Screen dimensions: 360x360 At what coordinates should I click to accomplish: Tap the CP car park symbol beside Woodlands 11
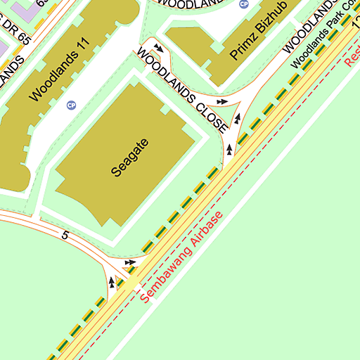(x=70, y=105)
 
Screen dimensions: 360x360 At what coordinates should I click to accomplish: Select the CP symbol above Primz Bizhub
(x=244, y=4)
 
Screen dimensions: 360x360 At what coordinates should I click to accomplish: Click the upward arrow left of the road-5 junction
(x=111, y=282)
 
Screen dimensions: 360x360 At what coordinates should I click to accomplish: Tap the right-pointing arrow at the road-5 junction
(x=129, y=263)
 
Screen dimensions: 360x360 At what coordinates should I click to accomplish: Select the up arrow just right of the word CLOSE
(x=238, y=119)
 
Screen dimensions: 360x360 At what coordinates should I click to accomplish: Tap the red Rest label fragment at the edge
(x=352, y=56)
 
